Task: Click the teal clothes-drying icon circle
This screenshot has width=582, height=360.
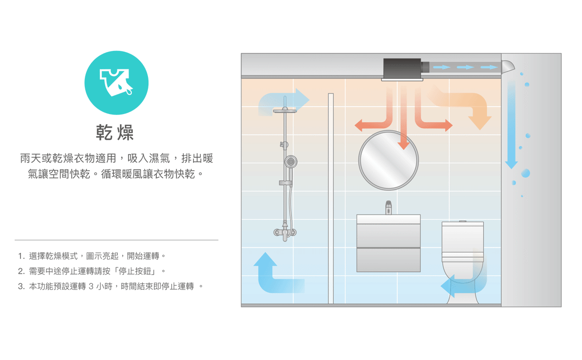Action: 116,82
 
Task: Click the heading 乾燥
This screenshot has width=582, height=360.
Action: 115,132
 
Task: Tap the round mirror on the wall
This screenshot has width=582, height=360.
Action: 388,160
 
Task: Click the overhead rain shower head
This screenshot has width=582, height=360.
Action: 285,111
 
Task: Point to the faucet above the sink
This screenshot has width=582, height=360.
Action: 388,208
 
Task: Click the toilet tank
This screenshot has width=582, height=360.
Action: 462,238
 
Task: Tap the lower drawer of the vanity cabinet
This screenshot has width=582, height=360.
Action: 388,259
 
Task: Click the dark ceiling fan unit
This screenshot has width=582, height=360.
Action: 402,68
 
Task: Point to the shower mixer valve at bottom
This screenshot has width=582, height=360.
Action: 285,232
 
